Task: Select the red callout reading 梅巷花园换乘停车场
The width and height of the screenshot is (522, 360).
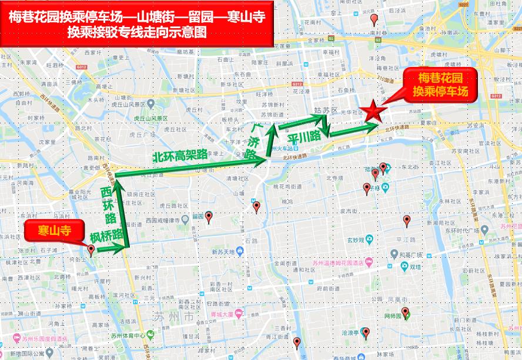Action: coord(440,85)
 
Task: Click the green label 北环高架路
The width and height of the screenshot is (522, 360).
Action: coord(180,156)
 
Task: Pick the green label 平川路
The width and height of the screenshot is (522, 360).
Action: coord(304,136)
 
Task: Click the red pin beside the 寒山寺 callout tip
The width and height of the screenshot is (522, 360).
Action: coord(91,250)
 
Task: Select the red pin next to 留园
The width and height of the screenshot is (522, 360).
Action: coord(208,216)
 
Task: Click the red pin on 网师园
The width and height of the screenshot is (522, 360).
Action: coord(404,312)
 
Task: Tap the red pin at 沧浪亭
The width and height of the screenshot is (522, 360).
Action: coord(366,333)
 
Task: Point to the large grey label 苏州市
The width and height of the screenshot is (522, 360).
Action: coord(173,317)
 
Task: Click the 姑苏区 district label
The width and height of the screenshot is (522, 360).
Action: coord(326,110)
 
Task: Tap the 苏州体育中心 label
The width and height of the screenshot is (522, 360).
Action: coord(128,336)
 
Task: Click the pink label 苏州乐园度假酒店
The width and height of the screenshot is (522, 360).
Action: coord(45,339)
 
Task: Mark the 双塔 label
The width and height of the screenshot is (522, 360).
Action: coord(415,266)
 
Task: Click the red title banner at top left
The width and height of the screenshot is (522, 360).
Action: coord(138,25)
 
